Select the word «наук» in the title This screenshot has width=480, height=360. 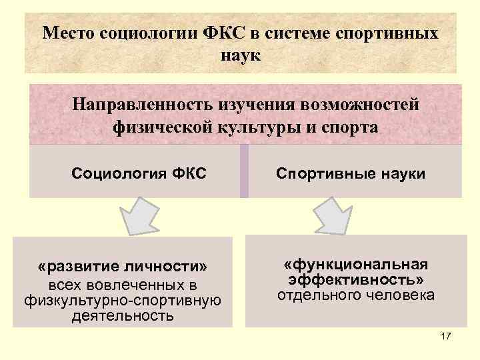241,54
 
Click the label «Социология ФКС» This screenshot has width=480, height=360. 139,175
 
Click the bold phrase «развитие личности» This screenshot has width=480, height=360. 123,267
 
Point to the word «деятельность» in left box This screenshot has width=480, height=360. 123,315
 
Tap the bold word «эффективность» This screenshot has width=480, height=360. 355,279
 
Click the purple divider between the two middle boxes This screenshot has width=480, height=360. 243,172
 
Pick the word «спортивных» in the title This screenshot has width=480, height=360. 392,33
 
